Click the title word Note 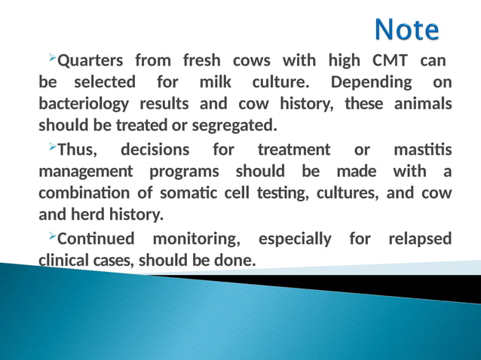point(407,30)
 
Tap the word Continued point(97,239)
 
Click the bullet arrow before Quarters point(51,58)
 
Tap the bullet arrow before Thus point(51,148)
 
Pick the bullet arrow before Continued point(51,237)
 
